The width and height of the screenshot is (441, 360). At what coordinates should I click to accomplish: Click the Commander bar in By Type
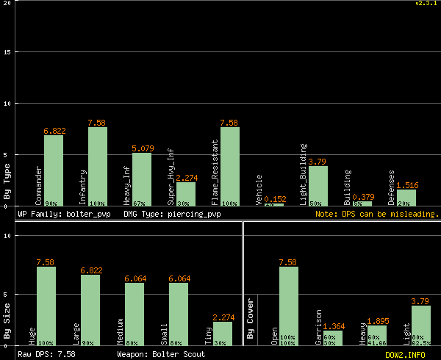coord(54,170)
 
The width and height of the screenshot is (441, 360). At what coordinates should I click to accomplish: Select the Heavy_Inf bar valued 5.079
coord(142,179)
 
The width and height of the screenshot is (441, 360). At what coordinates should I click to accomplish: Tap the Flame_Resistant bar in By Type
coord(230,167)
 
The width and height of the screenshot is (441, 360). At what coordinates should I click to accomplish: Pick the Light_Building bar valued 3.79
coord(318,186)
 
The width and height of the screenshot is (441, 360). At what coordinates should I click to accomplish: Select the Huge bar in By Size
coord(46,306)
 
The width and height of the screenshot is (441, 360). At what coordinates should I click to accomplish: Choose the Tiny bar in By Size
coord(223,334)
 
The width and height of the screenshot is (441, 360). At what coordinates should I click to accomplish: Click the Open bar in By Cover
coord(289,306)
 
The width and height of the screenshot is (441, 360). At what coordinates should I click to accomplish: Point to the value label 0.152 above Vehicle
coord(275,198)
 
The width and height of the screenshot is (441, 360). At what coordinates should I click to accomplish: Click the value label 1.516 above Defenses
coord(407,185)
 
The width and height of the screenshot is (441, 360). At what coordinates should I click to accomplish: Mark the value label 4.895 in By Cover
coord(377,320)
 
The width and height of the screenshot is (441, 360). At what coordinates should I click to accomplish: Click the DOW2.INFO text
coord(405,354)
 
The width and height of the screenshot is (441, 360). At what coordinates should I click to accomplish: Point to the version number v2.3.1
coord(426,4)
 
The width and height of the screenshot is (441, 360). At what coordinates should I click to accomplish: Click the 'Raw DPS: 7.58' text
coord(46,354)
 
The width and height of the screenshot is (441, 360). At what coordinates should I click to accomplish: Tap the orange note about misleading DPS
coord(376,214)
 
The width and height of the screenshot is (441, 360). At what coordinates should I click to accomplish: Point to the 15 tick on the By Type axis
coord(7,52)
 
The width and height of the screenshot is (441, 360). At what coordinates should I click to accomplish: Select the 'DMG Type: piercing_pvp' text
coord(172,214)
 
